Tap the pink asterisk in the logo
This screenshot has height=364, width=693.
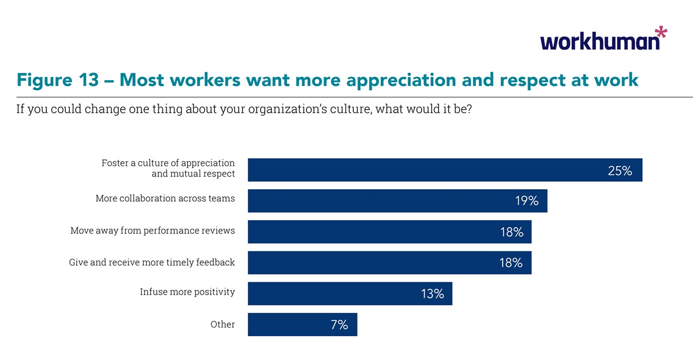pos(661,34)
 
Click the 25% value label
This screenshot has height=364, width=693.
pos(619,171)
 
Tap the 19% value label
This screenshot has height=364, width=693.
pos(526,201)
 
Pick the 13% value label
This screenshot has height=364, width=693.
pos(432,294)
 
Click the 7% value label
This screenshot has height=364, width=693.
pos(339,324)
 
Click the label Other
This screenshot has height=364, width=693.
pos(223,324)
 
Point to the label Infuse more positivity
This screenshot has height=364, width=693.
pos(187,292)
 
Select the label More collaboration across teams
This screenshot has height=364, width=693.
pos(165,198)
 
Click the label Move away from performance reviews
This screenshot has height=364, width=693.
pos(153,230)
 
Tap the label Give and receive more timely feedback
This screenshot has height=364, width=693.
pos(152,262)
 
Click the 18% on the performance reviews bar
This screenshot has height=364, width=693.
pos(512,232)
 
